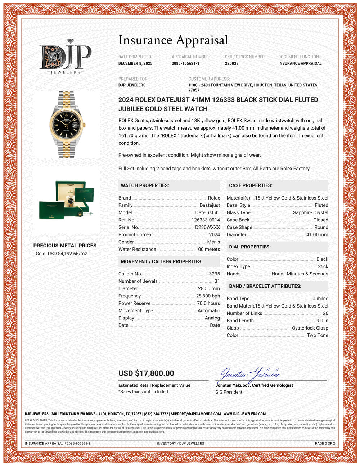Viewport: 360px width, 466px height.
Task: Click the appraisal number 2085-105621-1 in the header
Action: [185, 63]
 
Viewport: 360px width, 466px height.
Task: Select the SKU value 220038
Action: [232, 63]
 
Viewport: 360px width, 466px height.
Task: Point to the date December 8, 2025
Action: [135, 63]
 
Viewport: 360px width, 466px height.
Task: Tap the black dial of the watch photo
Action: [67, 124]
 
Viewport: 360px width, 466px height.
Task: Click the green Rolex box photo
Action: [67, 200]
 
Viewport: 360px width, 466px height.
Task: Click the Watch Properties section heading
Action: [145, 185]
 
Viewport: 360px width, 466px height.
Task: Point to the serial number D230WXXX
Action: [207, 227]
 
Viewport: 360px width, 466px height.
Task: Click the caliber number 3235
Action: [214, 274]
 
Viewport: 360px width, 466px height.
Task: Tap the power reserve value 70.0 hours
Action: [208, 303]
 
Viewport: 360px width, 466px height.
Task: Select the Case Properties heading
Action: [251, 185]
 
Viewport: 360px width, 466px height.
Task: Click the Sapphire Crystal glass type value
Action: [310, 212]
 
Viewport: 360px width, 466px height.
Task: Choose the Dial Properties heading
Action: [250, 247]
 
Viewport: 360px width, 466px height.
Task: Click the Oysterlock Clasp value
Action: [310, 328]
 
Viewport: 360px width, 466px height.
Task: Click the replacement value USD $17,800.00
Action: [146, 373]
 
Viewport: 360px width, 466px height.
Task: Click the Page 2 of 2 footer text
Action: [325, 443]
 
